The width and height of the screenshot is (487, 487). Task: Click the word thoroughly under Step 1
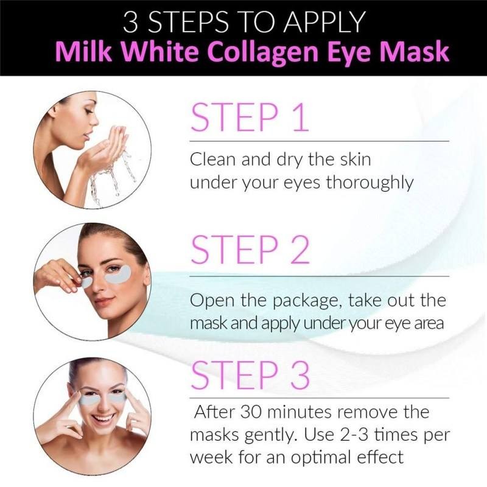(x=361, y=183)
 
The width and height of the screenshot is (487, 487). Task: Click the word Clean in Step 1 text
(x=210, y=161)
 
